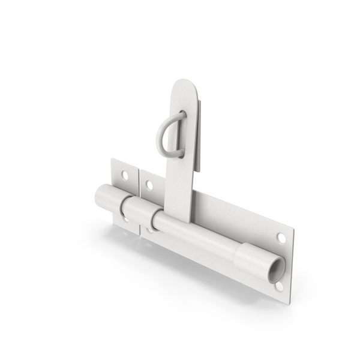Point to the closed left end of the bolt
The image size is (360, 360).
click(x=100, y=196)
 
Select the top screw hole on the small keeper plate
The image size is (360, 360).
click(x=125, y=175)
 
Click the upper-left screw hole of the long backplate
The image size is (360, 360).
click(x=149, y=185)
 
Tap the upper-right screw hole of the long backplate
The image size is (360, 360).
click(x=281, y=238)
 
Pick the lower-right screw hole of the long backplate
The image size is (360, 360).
click(x=279, y=287)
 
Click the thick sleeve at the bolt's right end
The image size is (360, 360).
click(x=255, y=259)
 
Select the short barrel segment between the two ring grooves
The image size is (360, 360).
click(x=139, y=213)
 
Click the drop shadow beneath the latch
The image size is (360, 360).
click(x=180, y=264)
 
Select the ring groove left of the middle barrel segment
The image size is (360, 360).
click(x=124, y=207)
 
